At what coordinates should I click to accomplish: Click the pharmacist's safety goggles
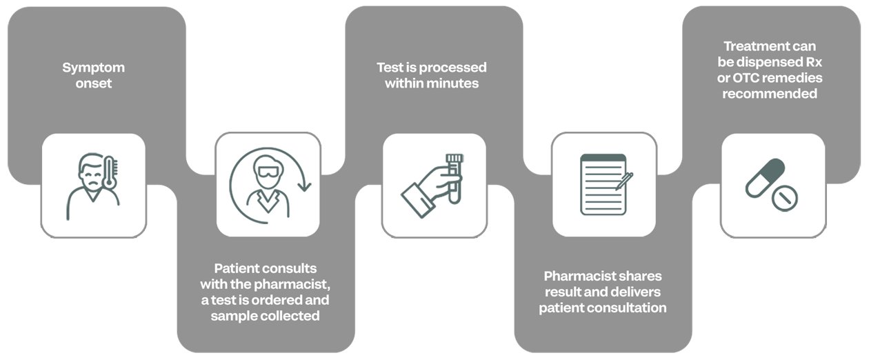pyautogui.click(x=268, y=172)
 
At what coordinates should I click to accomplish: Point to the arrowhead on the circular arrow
pyautogui.click(x=305, y=186)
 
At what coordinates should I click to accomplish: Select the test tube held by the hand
pyautogui.click(x=455, y=179)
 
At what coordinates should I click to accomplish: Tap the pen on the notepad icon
pyautogui.click(x=625, y=181)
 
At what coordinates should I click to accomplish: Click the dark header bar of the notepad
pyautogui.click(x=603, y=158)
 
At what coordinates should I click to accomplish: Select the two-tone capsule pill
pyautogui.click(x=765, y=178)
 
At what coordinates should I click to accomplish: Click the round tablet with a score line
pyautogui.click(x=784, y=199)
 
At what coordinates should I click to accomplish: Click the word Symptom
pyautogui.click(x=94, y=68)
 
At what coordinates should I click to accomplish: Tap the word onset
pyautogui.click(x=94, y=83)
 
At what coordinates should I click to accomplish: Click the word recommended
pyautogui.click(x=770, y=94)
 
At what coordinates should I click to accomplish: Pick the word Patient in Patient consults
pyautogui.click(x=234, y=268)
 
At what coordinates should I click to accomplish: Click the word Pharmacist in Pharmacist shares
pyautogui.click(x=575, y=276)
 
